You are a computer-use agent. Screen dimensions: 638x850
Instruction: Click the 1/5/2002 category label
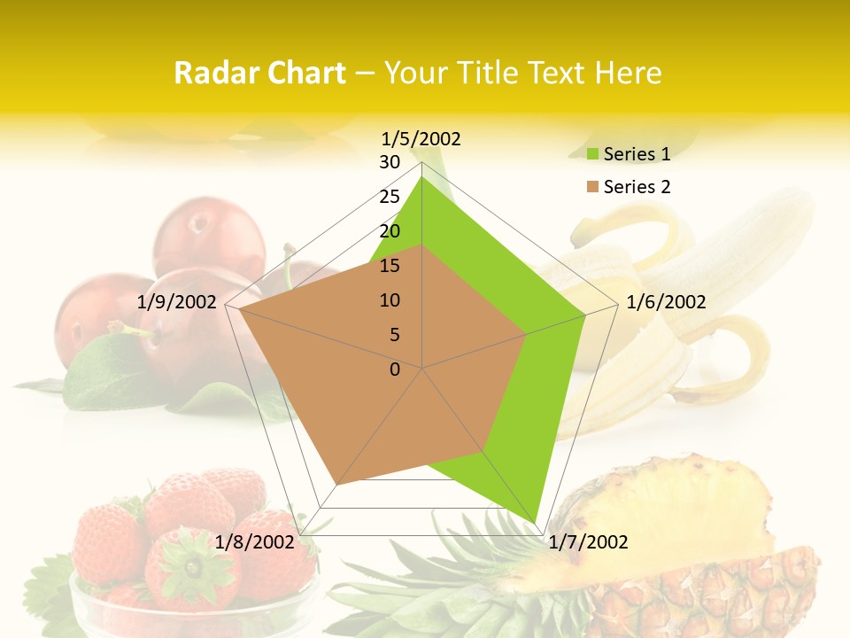[421, 139]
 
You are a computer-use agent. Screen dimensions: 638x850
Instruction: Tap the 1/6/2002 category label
[666, 302]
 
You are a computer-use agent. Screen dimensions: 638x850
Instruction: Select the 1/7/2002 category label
[588, 542]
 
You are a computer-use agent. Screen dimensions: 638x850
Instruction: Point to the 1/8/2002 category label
[254, 542]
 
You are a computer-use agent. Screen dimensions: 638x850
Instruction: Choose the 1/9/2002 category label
[177, 302]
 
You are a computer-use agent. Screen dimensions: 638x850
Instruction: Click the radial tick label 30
[390, 162]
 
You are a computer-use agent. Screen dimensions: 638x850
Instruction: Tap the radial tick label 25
[390, 197]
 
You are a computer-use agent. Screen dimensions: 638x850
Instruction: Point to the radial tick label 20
[390, 231]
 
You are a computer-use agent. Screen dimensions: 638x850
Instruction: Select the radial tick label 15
[390, 266]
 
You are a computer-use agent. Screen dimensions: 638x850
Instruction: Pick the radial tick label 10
[390, 300]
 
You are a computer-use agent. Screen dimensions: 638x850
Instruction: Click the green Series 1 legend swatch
[593, 155]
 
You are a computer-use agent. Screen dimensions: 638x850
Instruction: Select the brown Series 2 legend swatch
[593, 187]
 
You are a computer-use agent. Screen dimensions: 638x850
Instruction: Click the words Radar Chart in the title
[259, 73]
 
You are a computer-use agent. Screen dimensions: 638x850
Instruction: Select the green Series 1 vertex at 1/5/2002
[422, 176]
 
